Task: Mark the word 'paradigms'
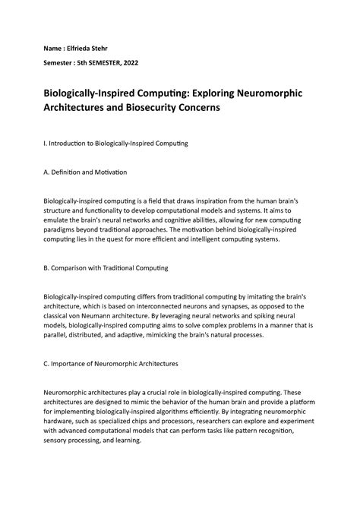pyautogui.click(x=68, y=229)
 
